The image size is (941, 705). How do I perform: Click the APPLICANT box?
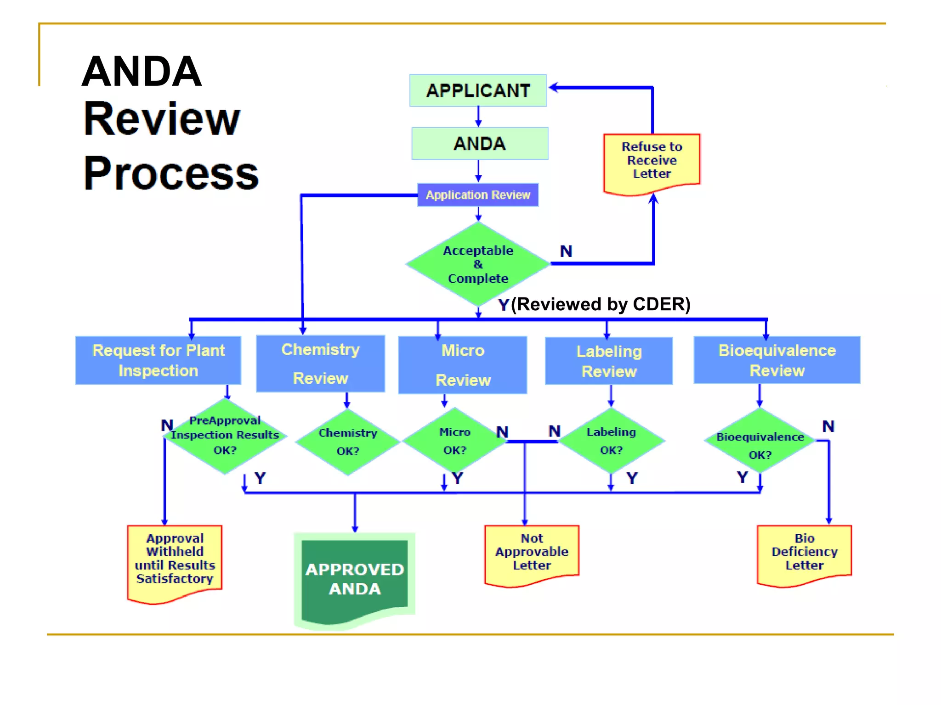click(x=478, y=90)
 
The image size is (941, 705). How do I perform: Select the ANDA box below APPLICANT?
click(x=480, y=144)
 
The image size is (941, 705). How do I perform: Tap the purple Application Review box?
click(x=478, y=195)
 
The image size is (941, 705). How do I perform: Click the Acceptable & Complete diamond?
click(x=478, y=264)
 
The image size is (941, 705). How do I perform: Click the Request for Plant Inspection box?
click(x=159, y=360)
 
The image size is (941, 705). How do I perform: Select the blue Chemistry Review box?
click(x=320, y=364)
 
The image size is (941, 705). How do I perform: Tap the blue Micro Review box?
click(x=463, y=365)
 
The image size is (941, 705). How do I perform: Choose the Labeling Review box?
click(x=609, y=361)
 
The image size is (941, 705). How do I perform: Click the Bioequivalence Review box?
click(x=777, y=360)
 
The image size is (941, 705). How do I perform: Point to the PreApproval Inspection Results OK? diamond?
click(x=225, y=436)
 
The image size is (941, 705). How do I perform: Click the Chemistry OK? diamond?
click(x=348, y=442)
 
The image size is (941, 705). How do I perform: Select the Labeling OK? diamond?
click(x=611, y=441)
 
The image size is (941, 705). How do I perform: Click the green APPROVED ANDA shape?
click(x=355, y=579)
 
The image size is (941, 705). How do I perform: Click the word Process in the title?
click(x=171, y=173)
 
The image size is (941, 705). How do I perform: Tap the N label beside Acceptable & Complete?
click(x=566, y=252)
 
